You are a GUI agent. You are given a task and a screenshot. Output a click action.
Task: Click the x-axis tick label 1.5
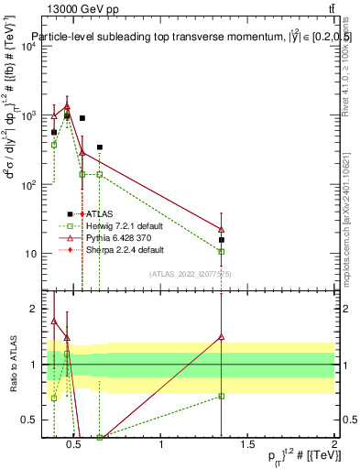point(247,444)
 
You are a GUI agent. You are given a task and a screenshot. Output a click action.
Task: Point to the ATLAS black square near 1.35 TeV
point(222,240)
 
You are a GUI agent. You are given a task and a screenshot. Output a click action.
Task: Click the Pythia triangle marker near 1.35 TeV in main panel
point(222,229)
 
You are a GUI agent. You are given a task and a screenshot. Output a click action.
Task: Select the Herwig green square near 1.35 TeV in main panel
point(222,251)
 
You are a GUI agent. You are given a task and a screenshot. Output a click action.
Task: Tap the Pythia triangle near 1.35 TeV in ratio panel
point(222,336)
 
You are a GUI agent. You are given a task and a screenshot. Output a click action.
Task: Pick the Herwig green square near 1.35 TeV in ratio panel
point(222,397)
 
